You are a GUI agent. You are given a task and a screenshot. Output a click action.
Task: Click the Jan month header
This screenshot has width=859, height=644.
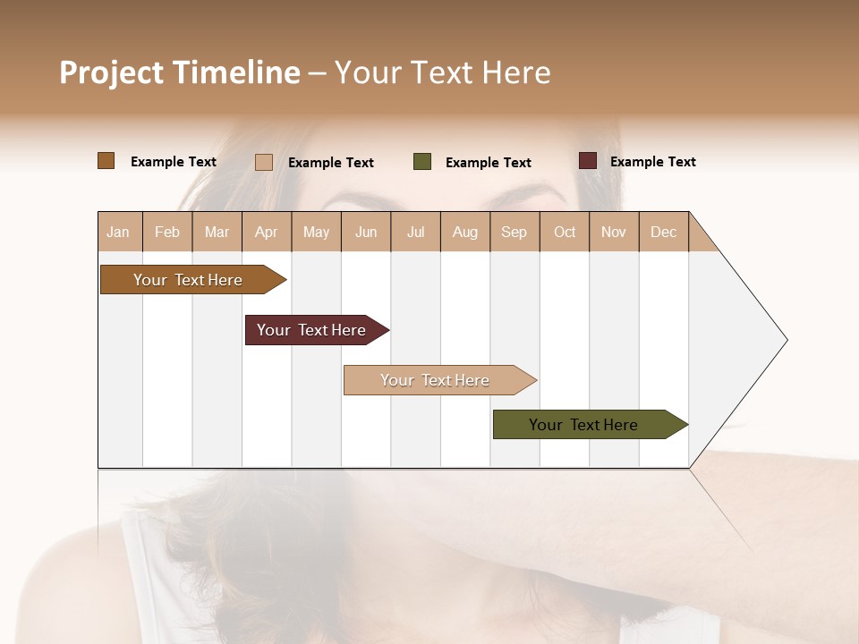118,232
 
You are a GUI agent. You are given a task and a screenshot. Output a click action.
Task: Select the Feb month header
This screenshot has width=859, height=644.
167,232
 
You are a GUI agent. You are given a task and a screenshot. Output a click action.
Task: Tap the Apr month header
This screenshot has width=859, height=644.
266,232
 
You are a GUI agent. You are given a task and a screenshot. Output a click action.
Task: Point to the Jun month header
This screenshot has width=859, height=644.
366,232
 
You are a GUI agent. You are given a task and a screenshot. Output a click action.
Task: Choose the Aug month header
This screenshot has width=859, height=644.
464,232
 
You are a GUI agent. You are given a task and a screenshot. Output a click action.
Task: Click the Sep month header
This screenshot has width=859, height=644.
514,232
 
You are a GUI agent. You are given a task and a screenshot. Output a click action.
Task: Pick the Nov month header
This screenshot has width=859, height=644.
613,232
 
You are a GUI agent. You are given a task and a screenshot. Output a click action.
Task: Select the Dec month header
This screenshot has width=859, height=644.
663,232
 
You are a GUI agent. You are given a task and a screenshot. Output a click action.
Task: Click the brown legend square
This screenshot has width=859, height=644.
106,161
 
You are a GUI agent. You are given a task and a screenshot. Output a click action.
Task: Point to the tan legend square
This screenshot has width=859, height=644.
264,162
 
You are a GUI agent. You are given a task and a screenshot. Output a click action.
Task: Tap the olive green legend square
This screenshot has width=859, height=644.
422,162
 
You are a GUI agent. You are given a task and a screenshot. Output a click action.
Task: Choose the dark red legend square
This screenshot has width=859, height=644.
588,161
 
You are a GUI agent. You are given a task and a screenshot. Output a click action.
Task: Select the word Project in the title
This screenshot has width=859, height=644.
111,72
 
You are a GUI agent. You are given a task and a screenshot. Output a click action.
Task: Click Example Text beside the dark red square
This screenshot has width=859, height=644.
652,162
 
